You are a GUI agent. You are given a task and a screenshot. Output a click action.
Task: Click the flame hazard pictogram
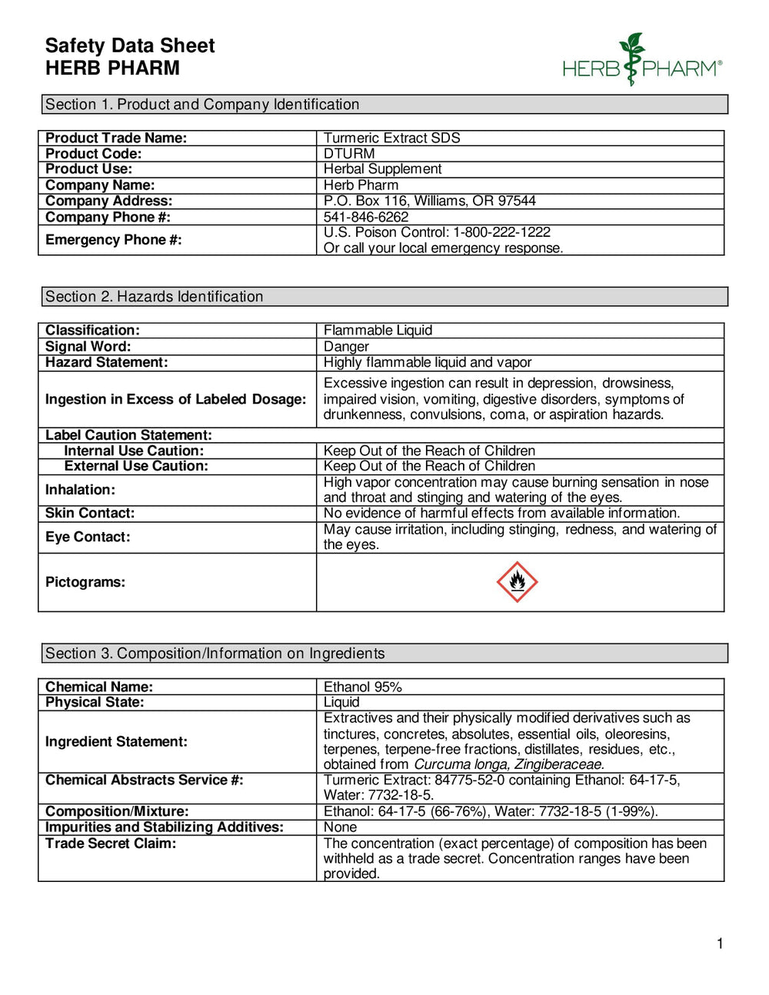pyautogui.click(x=517, y=582)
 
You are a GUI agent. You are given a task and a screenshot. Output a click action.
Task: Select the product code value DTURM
pyautogui.click(x=349, y=154)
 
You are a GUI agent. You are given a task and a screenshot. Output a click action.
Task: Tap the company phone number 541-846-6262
pyautogui.click(x=366, y=217)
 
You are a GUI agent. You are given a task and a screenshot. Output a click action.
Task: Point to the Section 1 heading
pyautogui.click(x=202, y=105)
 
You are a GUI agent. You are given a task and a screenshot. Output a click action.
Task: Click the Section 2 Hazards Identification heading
pyautogui.click(x=154, y=297)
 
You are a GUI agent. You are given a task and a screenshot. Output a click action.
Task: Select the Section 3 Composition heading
pyautogui.click(x=215, y=654)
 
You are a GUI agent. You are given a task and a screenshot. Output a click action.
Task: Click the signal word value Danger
pyautogui.click(x=346, y=347)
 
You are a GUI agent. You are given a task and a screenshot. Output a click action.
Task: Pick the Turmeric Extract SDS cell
pyautogui.click(x=391, y=138)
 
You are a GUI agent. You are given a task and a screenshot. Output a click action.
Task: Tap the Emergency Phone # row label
pyautogui.click(x=114, y=240)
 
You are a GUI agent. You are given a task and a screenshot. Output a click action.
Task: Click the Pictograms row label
pyautogui.click(x=85, y=582)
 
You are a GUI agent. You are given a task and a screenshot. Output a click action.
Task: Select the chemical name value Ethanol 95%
pyautogui.click(x=362, y=687)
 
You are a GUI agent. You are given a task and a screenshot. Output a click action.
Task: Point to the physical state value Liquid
pyautogui.click(x=341, y=702)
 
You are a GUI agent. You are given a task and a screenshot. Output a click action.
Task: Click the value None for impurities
pyautogui.click(x=340, y=827)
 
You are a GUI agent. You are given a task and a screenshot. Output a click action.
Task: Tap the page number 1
pyautogui.click(x=720, y=943)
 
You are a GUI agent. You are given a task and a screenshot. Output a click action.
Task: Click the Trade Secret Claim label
pyautogui.click(x=111, y=844)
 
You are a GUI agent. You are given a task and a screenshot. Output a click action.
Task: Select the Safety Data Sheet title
pyautogui.click(x=130, y=46)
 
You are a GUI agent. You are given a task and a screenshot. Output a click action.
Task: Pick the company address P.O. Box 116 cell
pyautogui.click(x=429, y=201)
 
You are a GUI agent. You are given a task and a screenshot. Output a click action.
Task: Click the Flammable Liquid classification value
pyautogui.click(x=378, y=331)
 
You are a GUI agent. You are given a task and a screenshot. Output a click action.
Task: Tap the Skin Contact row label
pyautogui.click(x=90, y=513)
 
